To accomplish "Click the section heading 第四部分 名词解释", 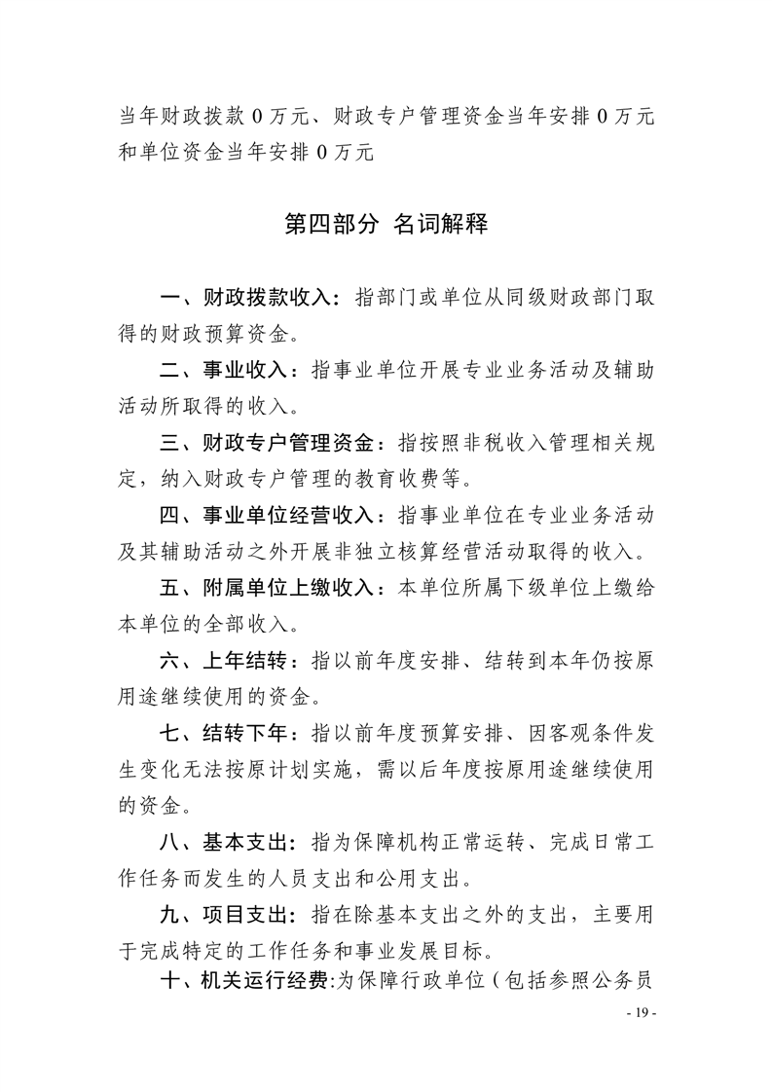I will click(x=386, y=226).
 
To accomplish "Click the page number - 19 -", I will click(x=641, y=1014).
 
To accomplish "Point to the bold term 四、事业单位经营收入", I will click(x=271, y=517).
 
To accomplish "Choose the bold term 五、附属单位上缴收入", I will click(x=271, y=590).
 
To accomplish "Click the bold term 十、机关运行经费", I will click(x=248, y=991).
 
